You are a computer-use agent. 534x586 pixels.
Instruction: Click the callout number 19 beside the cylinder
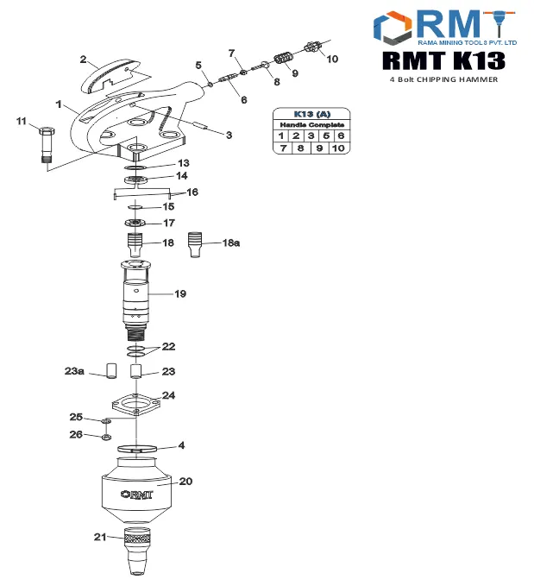pos(180,294)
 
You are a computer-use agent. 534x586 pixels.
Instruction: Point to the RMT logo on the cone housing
pos(136,495)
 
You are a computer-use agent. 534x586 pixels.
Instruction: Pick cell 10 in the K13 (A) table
pos(339,148)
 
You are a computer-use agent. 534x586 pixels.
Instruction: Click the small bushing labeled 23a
pos(110,371)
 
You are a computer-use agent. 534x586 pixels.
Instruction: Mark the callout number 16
pos(192,192)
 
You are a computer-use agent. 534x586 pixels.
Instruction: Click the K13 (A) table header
pos(311,114)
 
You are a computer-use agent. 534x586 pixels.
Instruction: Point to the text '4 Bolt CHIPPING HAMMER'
pos(444,79)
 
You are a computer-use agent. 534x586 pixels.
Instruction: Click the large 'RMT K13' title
pos(443,60)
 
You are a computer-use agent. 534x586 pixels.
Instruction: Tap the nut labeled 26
pos(106,436)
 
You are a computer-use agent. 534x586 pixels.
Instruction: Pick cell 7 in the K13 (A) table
pos(280,148)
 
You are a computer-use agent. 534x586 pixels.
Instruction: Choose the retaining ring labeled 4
pos(137,449)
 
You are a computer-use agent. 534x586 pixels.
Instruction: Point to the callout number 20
pos(185,482)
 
